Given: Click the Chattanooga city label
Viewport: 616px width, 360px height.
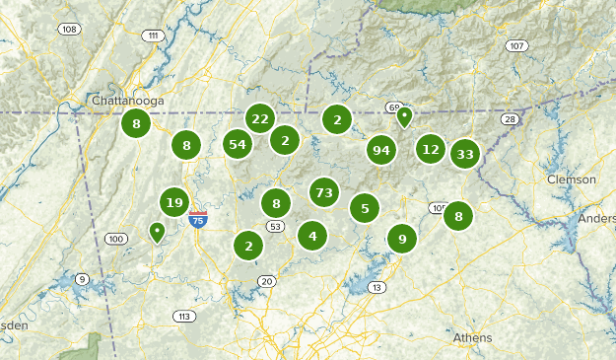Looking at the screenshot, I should (127, 101).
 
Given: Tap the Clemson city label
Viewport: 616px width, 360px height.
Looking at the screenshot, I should (572, 180).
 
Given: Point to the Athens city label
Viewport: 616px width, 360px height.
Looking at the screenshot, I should (472, 337).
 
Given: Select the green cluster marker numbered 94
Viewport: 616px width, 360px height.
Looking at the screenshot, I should (381, 150).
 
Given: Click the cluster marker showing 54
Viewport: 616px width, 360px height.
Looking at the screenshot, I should (237, 144).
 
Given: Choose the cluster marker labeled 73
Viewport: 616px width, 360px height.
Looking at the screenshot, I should (324, 190).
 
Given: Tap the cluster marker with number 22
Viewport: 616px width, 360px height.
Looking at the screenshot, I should (260, 118).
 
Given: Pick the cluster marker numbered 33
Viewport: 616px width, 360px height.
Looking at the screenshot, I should (465, 154).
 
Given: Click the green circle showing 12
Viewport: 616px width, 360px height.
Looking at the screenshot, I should (430, 149).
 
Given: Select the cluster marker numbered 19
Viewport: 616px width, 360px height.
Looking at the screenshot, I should (174, 203).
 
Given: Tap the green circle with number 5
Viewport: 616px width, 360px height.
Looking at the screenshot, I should (365, 208).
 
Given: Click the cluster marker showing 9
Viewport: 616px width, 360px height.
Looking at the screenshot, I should (401, 238).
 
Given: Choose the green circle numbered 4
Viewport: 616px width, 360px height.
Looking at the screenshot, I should (312, 235).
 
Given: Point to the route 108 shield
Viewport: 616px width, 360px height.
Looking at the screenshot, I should (68, 29).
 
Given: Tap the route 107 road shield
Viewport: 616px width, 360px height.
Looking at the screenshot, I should (516, 46).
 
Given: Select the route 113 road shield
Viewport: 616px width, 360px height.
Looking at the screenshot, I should (183, 316).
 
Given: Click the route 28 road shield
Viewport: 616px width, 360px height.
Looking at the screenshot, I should (509, 119).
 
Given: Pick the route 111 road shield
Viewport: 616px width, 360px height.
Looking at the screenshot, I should (151, 36).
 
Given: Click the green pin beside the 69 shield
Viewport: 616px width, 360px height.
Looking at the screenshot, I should (404, 116).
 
